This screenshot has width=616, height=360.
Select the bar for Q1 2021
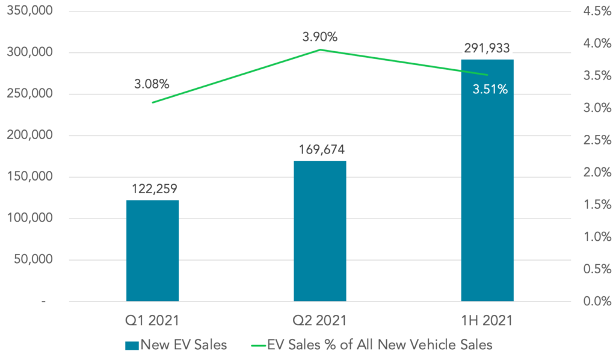(x=152, y=250)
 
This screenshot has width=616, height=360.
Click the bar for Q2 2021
(x=319, y=231)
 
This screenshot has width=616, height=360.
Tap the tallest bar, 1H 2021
(x=487, y=181)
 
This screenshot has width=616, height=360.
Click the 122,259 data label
(x=152, y=188)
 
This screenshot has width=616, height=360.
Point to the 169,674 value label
(x=319, y=149)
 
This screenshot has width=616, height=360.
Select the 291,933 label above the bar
(x=487, y=48)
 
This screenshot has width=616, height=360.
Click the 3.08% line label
(x=151, y=82)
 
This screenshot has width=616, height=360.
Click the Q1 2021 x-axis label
(x=152, y=320)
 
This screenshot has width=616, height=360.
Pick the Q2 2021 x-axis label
(x=319, y=320)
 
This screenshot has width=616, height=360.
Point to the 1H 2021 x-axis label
(x=487, y=320)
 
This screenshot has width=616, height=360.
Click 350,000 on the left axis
(x=29, y=11)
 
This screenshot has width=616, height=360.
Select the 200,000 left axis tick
(x=29, y=135)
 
